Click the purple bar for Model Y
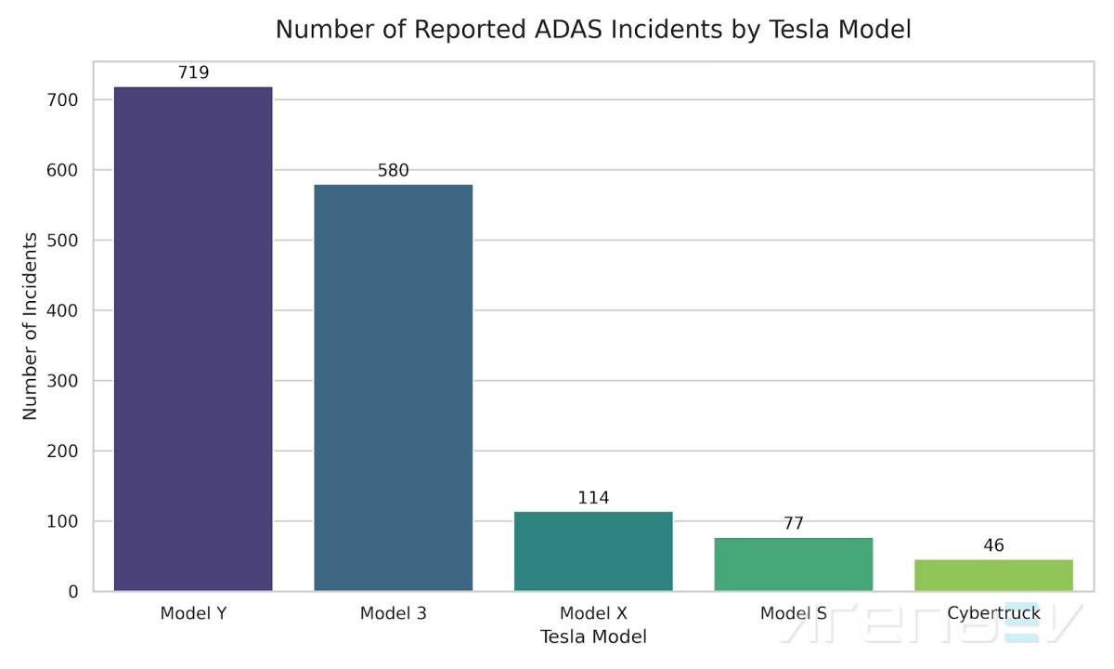click(x=193, y=339)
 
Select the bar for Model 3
click(x=394, y=387)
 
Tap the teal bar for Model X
click(x=593, y=552)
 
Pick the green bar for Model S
click(x=794, y=565)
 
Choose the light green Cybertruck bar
click(x=993, y=575)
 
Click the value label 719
click(x=193, y=72)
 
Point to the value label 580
click(x=394, y=171)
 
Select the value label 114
click(x=593, y=498)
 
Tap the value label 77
click(x=794, y=523)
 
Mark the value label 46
click(x=993, y=545)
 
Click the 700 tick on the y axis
click(x=62, y=100)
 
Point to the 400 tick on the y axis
click(x=62, y=310)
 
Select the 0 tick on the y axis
click(x=73, y=592)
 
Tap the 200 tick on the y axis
click(x=62, y=452)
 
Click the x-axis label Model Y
click(x=193, y=613)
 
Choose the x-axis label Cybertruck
click(x=993, y=613)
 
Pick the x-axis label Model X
click(x=593, y=613)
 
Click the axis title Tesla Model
click(x=593, y=636)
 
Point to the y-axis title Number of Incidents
click(x=30, y=326)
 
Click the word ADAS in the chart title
click(x=569, y=29)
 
